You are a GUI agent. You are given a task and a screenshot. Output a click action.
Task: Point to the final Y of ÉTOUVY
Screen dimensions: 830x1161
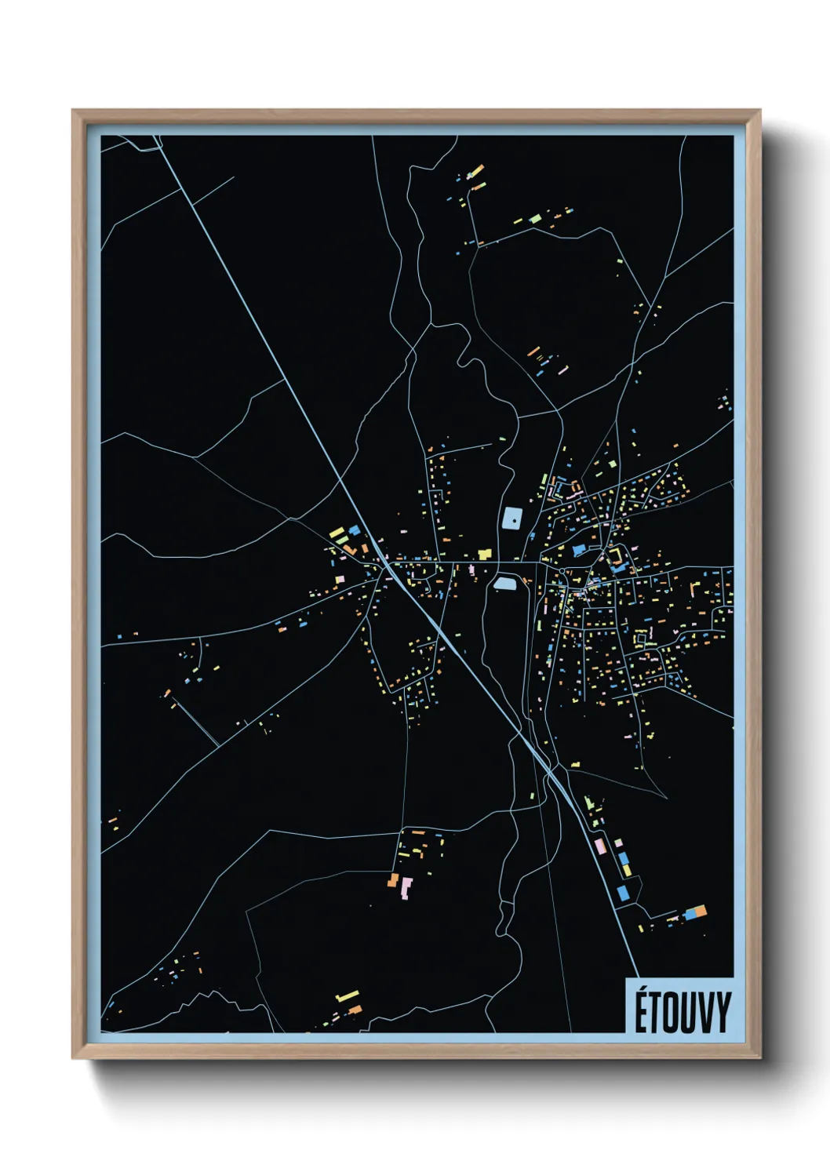pos(722,1013)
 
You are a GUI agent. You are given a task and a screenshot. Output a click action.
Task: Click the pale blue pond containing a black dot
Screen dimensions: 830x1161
pos(511,519)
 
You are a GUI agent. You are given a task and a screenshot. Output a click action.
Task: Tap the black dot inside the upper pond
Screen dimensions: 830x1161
pos(512,519)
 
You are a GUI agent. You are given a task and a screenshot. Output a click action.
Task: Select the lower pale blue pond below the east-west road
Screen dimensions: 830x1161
pos(503,583)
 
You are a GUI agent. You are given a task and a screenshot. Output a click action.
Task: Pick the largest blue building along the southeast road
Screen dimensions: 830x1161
pos(624,893)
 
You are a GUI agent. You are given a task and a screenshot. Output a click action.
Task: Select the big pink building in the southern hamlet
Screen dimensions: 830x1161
pos(406,889)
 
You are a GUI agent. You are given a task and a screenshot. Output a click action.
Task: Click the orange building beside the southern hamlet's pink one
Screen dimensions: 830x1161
pos(392,880)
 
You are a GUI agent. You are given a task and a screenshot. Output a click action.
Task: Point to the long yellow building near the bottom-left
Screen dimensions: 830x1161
pos(347,996)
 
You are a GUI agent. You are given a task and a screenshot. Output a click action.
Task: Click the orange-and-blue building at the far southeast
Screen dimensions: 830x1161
pos(695,912)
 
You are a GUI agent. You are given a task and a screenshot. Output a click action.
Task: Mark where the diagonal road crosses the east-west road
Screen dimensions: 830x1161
pos(388,562)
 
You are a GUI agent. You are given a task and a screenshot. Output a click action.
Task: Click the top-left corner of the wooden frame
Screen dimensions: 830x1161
pos(74,111)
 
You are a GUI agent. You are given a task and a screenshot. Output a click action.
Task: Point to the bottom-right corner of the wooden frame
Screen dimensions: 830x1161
pos(759,1057)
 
